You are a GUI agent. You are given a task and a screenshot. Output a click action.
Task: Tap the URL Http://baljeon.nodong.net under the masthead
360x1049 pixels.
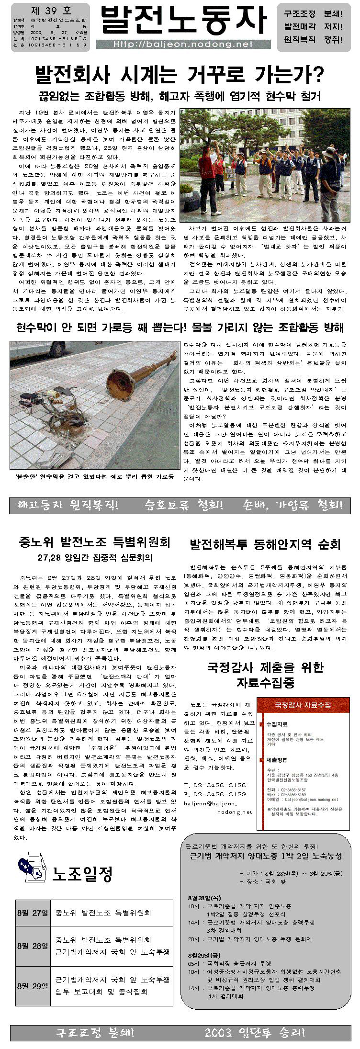pos(183,45)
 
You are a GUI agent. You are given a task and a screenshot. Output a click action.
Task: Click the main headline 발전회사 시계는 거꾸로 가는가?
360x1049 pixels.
pos(180,75)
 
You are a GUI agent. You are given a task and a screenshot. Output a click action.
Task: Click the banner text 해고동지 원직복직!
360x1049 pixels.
pos(68,505)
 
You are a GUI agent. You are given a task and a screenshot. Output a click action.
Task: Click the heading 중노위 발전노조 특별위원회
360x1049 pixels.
pos(94,542)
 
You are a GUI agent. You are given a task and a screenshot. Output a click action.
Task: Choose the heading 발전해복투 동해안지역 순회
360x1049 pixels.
pos(265,544)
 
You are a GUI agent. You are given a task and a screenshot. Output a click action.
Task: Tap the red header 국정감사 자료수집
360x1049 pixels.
pos(303,705)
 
